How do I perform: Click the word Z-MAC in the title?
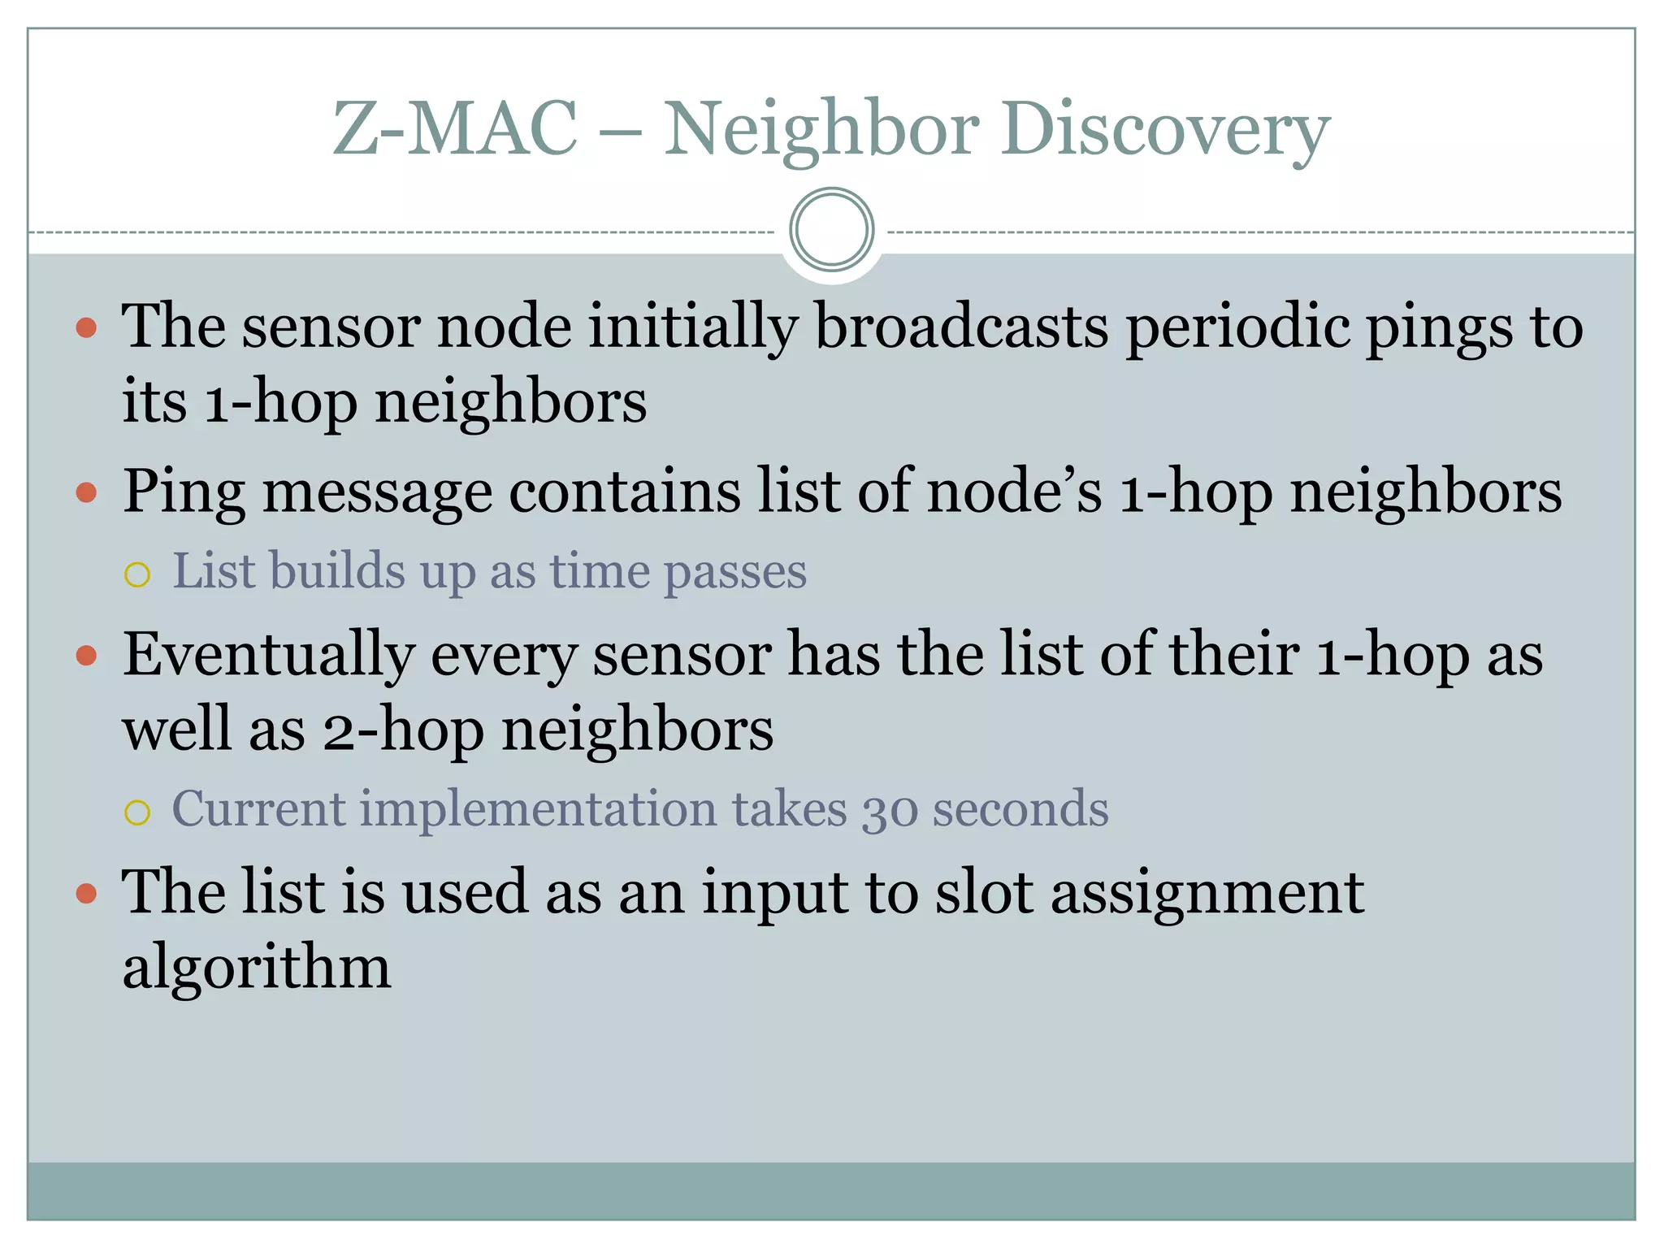click(454, 128)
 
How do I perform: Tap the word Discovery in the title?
click(1165, 130)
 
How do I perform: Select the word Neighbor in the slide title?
click(821, 130)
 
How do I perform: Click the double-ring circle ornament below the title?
click(831, 229)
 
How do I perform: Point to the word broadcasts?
click(961, 327)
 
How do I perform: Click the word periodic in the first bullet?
click(1236, 327)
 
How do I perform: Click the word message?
click(377, 492)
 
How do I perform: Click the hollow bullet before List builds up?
click(137, 575)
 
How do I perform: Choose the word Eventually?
click(268, 656)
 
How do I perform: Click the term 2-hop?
click(403, 729)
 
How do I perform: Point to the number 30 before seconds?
click(889, 810)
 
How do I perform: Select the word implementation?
click(538, 810)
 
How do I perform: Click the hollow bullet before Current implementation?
click(137, 812)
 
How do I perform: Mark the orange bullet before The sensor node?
click(86, 328)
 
